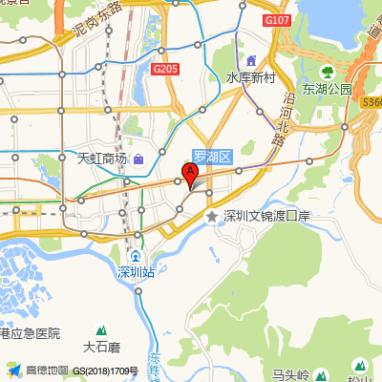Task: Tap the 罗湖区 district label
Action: point(213,156)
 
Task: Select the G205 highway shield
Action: point(165,68)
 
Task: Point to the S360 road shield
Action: point(371,102)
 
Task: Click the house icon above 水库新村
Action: point(251,61)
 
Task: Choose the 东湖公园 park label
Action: point(328,89)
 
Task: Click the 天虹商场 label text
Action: point(101,158)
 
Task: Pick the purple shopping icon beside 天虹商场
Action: point(138,158)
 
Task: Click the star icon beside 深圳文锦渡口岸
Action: point(212,217)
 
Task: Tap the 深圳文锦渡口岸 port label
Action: point(266,217)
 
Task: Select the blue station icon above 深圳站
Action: point(136,256)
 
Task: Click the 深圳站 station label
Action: point(136,272)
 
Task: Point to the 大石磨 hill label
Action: point(101,347)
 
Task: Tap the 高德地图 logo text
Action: point(47,370)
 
